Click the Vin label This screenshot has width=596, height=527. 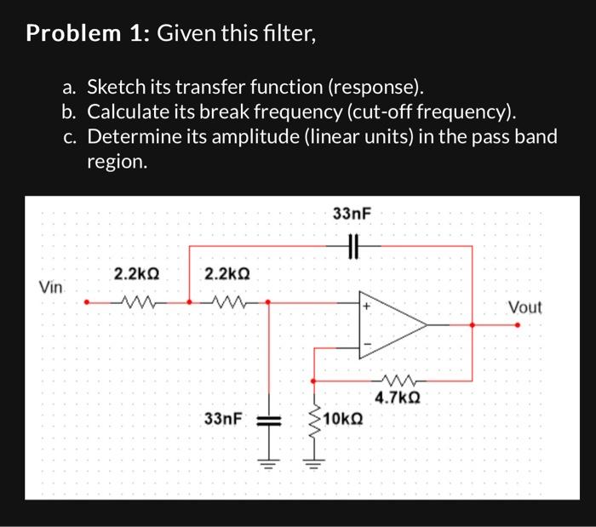[50, 287]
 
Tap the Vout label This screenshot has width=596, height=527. [524, 306]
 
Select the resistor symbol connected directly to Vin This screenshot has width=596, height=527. [136, 301]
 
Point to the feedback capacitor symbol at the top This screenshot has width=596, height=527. [352, 246]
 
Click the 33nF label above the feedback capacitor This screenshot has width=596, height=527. [351, 214]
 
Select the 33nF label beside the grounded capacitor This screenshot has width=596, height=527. [224, 419]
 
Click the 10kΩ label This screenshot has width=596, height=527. [344, 419]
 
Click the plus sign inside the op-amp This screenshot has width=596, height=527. [368, 306]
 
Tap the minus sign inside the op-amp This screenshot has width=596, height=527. [368, 344]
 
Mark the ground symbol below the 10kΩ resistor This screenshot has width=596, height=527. [313, 464]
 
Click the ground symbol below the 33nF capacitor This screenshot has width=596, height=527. [268, 464]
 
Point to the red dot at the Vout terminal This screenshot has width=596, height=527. [517, 324]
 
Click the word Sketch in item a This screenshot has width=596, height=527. [119, 87]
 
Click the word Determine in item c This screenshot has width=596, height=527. [135, 137]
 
